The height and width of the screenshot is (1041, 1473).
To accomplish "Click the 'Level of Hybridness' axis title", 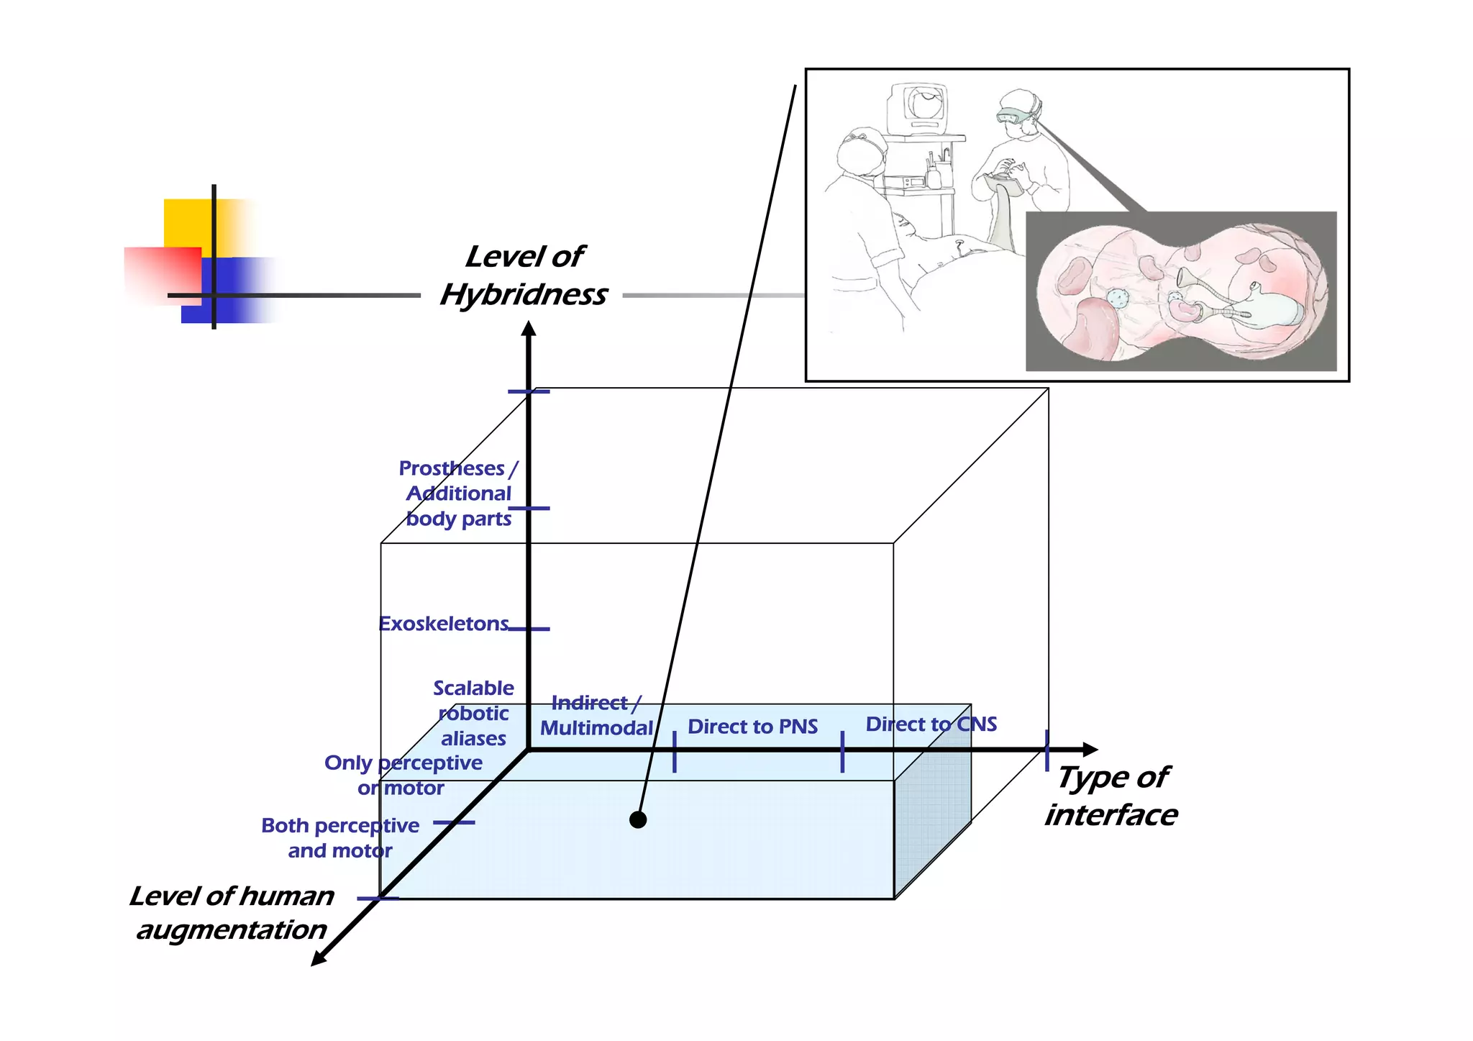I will [x=524, y=276].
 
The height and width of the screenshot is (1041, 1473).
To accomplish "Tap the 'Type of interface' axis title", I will [x=1111, y=796].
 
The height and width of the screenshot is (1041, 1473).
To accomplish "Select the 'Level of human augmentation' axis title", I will [x=232, y=912].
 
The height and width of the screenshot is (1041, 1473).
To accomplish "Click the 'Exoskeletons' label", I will [x=444, y=624].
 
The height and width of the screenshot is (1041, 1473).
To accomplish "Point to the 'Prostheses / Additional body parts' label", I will [x=458, y=494].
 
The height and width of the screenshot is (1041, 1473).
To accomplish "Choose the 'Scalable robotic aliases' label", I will [x=473, y=713].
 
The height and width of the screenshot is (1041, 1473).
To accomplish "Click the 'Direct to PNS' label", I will [x=752, y=727].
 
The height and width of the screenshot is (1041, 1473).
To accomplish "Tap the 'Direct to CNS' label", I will [x=931, y=724].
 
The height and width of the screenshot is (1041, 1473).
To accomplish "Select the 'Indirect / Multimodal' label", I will [x=596, y=716].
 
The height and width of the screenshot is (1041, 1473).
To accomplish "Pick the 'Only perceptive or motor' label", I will [x=403, y=775].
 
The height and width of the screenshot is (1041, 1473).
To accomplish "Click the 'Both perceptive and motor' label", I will [x=340, y=837].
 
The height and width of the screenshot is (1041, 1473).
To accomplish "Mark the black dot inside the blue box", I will [x=638, y=819].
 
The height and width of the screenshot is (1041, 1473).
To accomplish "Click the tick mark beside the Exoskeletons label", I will [x=529, y=629].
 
